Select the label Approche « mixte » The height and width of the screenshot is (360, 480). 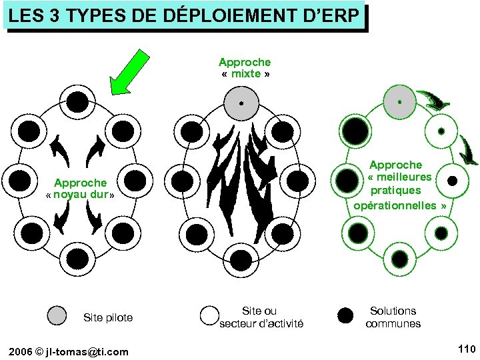click(x=245, y=67)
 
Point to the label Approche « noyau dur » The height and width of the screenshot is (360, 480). click(x=80, y=189)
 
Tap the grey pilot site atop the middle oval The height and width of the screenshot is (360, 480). click(x=241, y=103)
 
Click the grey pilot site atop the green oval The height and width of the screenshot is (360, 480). click(x=399, y=102)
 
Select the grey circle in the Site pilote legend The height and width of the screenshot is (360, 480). click(x=59, y=316)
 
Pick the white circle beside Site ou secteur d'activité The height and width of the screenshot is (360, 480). click(x=211, y=316)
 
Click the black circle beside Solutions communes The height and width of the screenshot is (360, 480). click(x=345, y=316)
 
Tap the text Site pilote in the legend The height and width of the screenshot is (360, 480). click(x=107, y=317)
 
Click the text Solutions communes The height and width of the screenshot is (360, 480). click(x=393, y=317)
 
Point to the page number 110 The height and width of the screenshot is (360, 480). click(x=466, y=349)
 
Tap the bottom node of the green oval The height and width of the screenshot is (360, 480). click(x=400, y=259)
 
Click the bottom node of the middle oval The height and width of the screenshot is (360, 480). click(x=241, y=257)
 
